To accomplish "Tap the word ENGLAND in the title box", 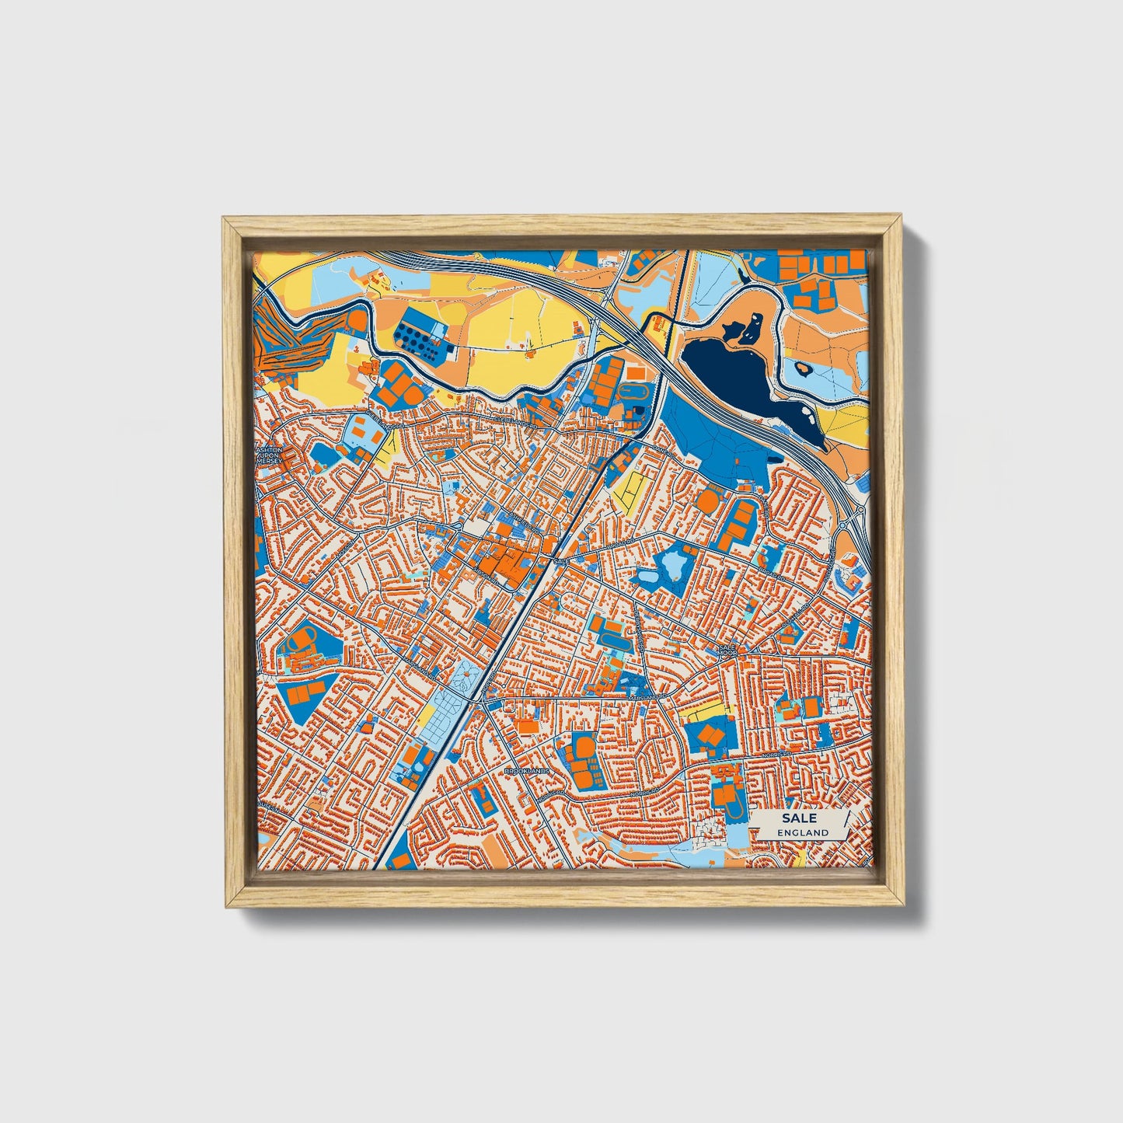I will [802, 832].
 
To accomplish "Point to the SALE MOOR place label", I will [727, 650].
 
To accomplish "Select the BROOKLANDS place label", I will [527, 771].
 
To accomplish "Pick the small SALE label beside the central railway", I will [562, 560].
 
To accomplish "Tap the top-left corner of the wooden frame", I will [225, 219].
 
